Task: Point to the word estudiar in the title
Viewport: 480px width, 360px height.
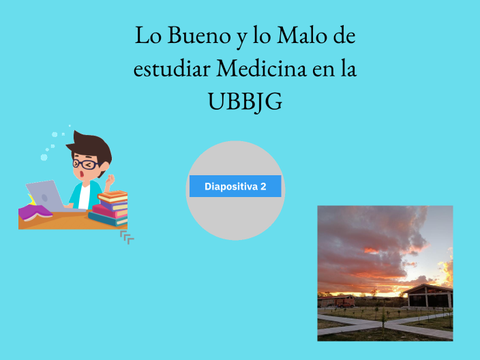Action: pyautogui.click(x=170, y=69)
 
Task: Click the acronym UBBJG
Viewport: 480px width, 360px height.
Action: pyautogui.click(x=245, y=102)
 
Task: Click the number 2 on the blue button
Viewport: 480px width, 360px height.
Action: pyautogui.click(x=263, y=186)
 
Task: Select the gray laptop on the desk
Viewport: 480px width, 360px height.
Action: pyautogui.click(x=45, y=195)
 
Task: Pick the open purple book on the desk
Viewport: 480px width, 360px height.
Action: pyautogui.click(x=35, y=213)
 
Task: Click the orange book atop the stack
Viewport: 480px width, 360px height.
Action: pyautogui.click(x=112, y=196)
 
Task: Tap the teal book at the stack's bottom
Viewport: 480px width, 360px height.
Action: pyautogui.click(x=108, y=219)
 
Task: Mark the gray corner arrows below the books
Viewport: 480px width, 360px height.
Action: pyautogui.click(x=127, y=237)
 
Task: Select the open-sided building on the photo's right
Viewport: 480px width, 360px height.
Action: pyautogui.click(x=427, y=296)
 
